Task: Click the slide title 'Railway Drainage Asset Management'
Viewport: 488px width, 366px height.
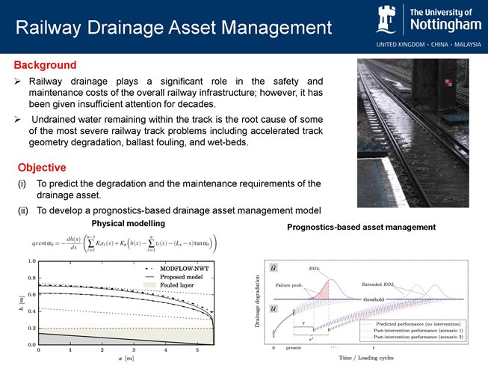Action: tap(173, 28)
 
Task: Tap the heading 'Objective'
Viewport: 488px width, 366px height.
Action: tap(42, 167)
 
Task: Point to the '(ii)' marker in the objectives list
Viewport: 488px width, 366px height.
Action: tap(22, 209)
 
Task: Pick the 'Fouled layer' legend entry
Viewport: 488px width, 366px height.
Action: tap(177, 285)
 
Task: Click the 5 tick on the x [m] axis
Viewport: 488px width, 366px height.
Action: tap(197, 350)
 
